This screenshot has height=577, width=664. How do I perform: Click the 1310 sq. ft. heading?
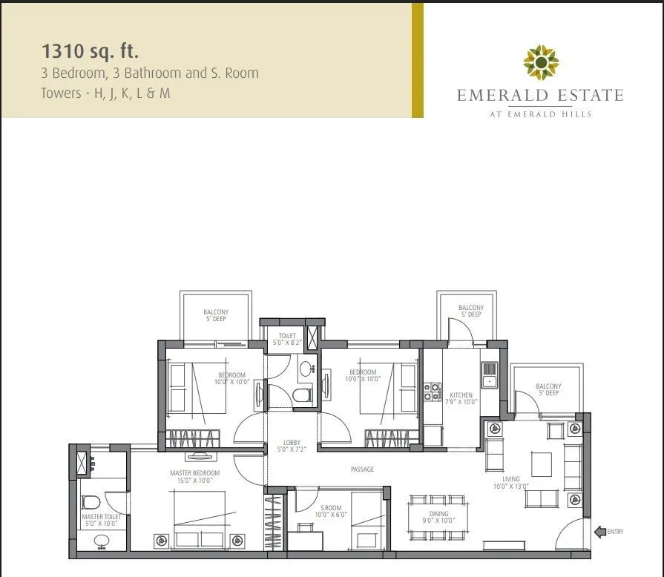tap(91, 52)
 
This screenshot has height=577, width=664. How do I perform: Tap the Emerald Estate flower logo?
tap(540, 62)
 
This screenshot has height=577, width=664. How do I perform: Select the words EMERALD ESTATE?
tap(540, 96)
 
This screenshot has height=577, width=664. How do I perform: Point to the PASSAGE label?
tap(363, 469)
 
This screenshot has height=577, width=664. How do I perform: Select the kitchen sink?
tap(489, 381)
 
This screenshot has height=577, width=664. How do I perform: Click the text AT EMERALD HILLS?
tap(540, 113)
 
